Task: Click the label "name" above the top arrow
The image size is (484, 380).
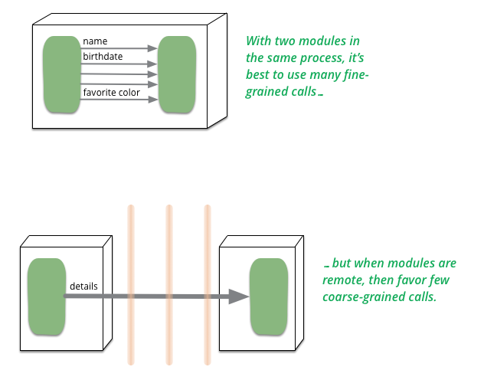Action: pos(95,41)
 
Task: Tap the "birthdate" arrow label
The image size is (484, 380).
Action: pos(103,57)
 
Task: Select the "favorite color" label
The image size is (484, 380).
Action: pos(112,92)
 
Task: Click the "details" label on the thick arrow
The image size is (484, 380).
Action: pos(83,287)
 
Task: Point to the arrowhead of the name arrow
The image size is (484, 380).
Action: pos(152,48)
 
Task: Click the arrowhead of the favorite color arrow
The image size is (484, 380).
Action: pos(153,100)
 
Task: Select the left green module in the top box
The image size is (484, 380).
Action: pos(62,74)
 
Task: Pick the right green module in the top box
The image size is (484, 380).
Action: pos(177,74)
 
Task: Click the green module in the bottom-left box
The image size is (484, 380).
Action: pos(47,296)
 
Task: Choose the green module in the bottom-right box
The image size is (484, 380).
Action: pos(269,296)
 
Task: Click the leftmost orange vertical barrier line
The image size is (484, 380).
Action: pos(131,284)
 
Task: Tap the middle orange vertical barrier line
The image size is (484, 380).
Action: pos(168,284)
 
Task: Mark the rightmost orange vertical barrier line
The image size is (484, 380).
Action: pos(208,284)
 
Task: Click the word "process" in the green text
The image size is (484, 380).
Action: pos(321,58)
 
